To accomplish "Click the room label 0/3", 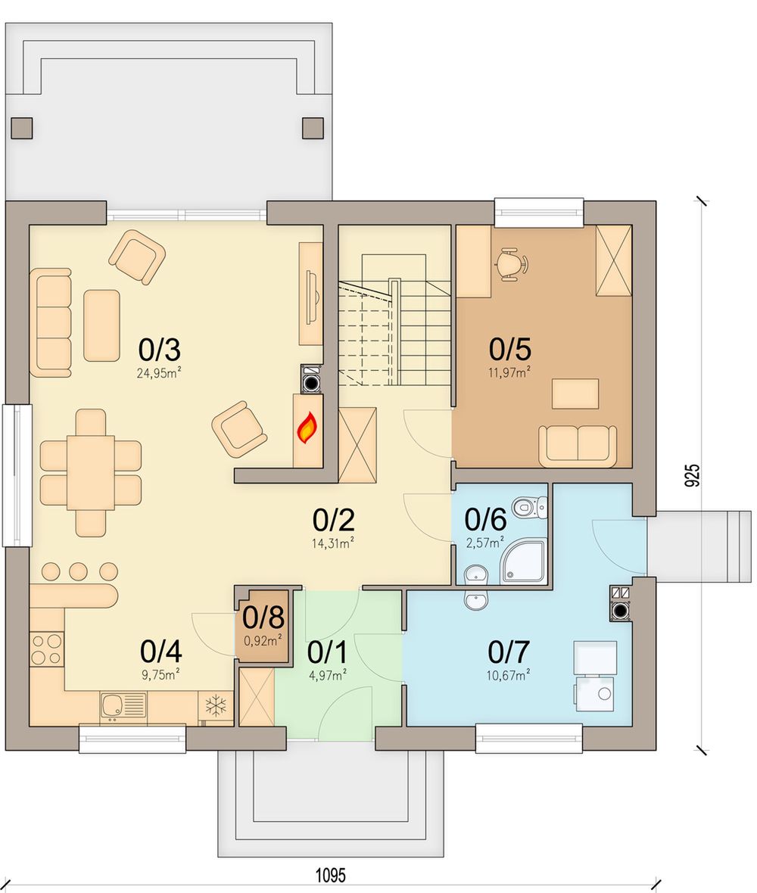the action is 160,349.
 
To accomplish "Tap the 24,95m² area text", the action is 159,373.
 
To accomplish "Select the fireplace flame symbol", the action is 307,428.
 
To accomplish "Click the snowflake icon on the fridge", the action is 216,705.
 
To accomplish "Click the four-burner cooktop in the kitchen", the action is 47,649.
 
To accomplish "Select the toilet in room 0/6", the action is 530,506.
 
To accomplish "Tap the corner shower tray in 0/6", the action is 523,562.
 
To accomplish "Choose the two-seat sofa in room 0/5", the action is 578,445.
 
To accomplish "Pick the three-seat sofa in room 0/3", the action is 51,323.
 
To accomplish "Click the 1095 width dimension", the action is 330,875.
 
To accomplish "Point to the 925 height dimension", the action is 691,475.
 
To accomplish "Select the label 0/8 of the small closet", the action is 263,617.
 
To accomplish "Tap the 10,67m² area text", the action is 508,675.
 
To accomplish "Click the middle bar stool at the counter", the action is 78,571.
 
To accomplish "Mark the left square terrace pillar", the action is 22,128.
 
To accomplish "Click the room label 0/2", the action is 333,519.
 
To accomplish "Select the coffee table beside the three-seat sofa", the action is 102,325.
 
